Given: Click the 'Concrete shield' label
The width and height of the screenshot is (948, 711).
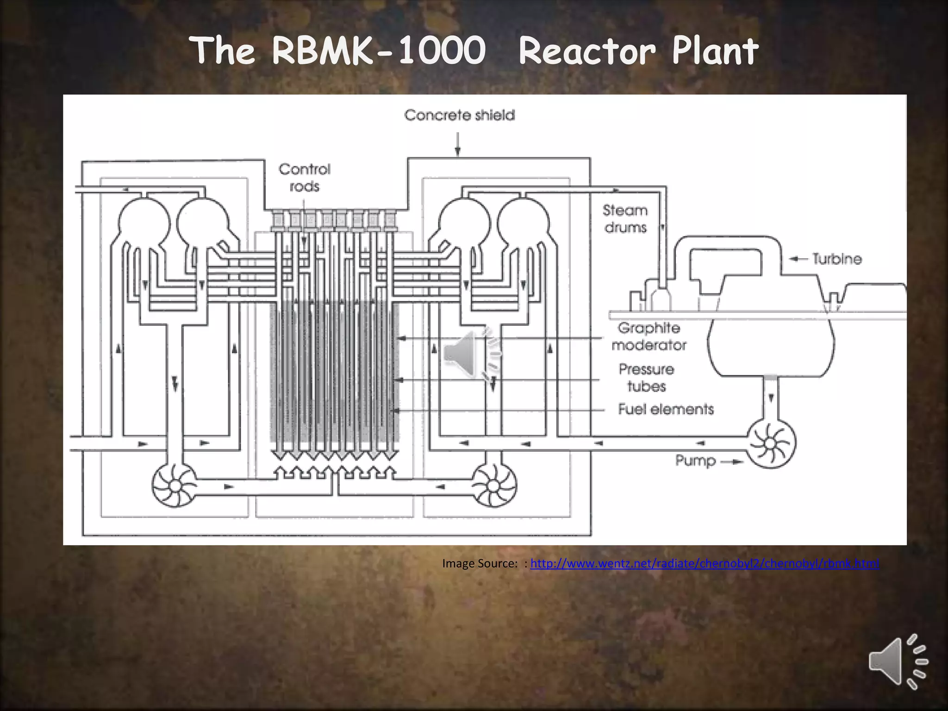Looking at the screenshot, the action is coord(459,115).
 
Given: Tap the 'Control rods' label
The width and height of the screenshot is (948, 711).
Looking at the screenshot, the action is coord(305,178).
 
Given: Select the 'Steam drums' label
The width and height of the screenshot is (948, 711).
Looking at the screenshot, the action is coord(625,219).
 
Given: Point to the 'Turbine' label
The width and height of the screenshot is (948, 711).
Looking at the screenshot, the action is coord(837,259).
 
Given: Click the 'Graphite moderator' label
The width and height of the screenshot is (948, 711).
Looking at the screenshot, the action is coord(649,337).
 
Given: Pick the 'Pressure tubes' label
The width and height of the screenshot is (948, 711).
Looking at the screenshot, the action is coord(647,378).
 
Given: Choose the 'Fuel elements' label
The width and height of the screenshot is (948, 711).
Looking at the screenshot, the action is coord(666,409).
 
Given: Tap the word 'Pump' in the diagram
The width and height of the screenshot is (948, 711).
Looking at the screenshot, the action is coord(695,461).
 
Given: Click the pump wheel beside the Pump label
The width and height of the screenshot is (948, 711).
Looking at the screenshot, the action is coord(771,444).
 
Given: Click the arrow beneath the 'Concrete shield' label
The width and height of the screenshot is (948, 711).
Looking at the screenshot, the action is coord(458,144).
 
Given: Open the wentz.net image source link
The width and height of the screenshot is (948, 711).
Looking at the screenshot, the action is coord(705,563).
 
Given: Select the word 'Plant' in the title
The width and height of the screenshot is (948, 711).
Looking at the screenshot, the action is coord(715,50).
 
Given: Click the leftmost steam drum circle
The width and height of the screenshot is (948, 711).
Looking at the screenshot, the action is coord(144,224).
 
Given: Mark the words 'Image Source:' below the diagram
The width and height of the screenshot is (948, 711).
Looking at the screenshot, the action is coord(480,563).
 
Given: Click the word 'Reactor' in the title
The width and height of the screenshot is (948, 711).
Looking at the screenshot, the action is coord(587,50).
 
